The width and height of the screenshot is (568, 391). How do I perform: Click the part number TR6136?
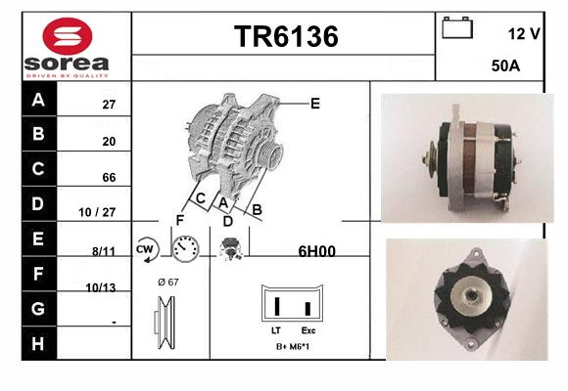[x=286, y=36]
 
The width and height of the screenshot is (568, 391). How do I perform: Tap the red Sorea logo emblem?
[x=68, y=36]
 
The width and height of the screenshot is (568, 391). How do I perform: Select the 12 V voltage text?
[x=524, y=34]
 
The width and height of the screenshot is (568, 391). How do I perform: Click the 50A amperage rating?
[x=505, y=65]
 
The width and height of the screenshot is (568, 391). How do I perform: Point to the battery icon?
[x=457, y=27]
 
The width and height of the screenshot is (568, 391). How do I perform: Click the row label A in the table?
[x=38, y=100]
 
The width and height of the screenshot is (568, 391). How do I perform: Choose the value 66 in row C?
[x=109, y=178]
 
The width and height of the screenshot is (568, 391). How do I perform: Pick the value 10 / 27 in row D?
[x=97, y=212]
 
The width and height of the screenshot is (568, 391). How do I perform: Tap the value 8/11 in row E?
[x=104, y=251]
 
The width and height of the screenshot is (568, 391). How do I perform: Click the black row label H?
[x=38, y=344]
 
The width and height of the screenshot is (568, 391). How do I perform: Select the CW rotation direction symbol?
[x=147, y=249]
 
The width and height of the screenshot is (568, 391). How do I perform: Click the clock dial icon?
[x=185, y=249]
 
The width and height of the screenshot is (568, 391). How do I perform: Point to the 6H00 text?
[x=316, y=251]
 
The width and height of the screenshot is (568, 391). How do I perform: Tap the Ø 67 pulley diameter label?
[x=168, y=282]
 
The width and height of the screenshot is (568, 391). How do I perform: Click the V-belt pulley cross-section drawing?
[x=166, y=323]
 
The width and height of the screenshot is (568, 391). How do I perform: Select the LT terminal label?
[x=275, y=330]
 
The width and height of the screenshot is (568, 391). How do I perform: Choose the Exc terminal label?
[x=308, y=330]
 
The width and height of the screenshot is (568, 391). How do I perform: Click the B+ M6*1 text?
[x=293, y=346]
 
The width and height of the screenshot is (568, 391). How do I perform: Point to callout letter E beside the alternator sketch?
[x=315, y=104]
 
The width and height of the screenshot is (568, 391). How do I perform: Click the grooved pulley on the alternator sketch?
[x=270, y=154]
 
